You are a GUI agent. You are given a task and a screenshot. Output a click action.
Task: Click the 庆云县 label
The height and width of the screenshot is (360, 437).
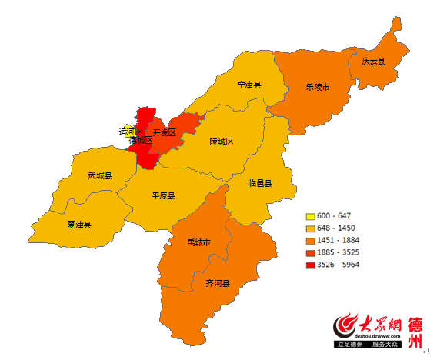(373, 61)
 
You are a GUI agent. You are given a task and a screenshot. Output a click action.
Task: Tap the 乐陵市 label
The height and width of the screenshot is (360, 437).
(317, 88)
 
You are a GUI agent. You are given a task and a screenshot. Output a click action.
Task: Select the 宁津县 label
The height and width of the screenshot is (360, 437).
(249, 85)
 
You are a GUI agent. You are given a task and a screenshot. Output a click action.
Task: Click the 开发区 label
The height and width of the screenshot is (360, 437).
(165, 133)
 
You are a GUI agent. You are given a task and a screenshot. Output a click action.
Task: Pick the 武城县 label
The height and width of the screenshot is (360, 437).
(100, 176)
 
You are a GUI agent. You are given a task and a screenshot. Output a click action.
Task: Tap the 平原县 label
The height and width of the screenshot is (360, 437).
(163, 195)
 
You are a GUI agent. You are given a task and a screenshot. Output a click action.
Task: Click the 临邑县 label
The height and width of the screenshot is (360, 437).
(260, 183)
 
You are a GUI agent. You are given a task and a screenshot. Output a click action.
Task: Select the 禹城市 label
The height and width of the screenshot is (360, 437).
(198, 243)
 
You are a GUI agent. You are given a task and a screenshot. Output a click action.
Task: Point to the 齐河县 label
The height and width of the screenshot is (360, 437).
(217, 284)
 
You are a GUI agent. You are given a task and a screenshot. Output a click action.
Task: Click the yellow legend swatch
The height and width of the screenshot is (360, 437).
(311, 216)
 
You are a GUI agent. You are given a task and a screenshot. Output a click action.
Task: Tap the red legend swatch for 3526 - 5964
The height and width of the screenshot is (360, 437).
(311, 265)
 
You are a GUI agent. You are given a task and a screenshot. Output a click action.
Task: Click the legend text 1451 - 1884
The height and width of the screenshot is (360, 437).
(341, 240)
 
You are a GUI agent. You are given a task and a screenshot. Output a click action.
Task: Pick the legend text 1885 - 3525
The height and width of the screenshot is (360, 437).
(341, 252)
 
